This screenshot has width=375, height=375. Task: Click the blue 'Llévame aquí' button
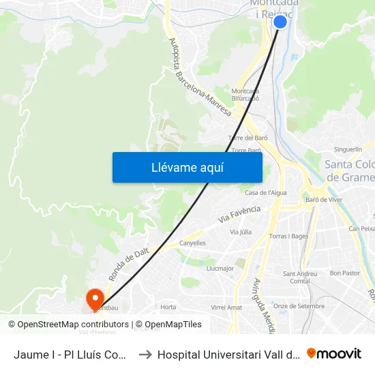click(187, 167)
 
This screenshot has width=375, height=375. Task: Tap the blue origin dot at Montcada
click(280, 22)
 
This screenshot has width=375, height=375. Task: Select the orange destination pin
click(94, 299)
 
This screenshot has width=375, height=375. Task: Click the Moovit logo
click(333, 354)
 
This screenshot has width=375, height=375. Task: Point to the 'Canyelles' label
click(192, 243)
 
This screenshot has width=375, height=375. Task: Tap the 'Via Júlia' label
click(241, 232)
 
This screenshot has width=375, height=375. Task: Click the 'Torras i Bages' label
click(289, 237)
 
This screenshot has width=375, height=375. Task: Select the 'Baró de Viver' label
click(325, 200)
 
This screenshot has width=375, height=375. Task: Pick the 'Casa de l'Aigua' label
click(266, 193)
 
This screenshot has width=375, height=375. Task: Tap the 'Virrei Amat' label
click(226, 307)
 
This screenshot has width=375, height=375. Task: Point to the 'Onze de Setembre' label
click(299, 306)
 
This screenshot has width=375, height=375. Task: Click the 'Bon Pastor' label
click(344, 273)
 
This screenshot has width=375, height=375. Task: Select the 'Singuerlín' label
click(348, 149)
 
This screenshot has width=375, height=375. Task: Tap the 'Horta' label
click(168, 307)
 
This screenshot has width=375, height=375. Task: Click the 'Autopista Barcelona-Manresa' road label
click(200, 76)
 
